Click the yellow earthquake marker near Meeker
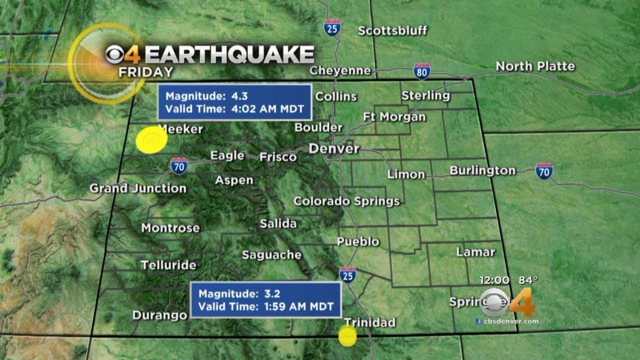point(151,139)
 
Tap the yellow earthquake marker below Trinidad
point(347,336)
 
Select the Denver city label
point(334,148)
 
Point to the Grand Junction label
point(138,188)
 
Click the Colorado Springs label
point(346,201)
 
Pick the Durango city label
point(159,315)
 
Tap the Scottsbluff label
point(392,30)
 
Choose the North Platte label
point(535,66)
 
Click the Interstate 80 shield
point(421,71)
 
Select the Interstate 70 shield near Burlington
point(544,171)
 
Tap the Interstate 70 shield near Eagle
point(178,165)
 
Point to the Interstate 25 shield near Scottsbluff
point(331,27)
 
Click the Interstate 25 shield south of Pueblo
point(347,275)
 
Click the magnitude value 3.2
point(274,294)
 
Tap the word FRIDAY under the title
point(146,72)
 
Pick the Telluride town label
point(168,265)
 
